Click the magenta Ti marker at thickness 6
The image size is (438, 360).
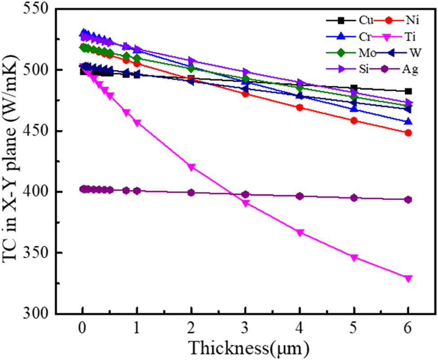(x=408, y=278)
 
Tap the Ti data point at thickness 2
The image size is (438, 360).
(x=191, y=167)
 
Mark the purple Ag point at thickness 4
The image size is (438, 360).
(x=300, y=196)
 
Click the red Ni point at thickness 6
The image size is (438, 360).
(x=408, y=133)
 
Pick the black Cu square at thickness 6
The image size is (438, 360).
(x=408, y=91)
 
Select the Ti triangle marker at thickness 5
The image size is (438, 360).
(x=354, y=258)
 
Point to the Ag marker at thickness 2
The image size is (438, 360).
(x=191, y=193)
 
